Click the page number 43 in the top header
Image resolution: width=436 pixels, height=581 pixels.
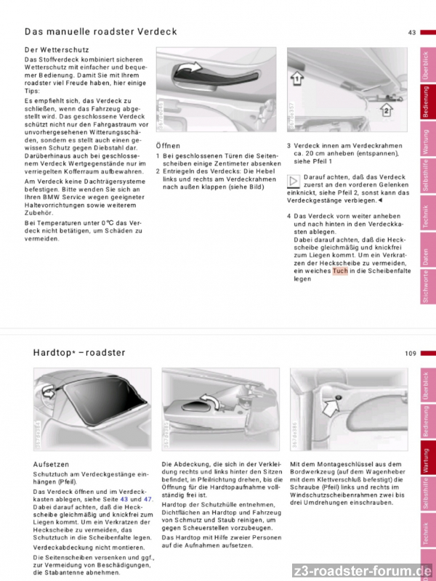411,32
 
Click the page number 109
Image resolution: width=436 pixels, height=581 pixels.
411,353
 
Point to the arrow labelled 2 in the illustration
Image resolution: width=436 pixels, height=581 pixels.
386,110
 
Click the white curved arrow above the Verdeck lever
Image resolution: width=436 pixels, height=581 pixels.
193,69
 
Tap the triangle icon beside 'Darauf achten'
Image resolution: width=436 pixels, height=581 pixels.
294,180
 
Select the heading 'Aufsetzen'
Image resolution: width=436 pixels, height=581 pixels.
52,463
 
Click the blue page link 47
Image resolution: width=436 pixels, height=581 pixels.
148,499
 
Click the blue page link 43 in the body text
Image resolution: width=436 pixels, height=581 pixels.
124,499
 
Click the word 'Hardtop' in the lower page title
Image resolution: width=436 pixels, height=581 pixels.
52,353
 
